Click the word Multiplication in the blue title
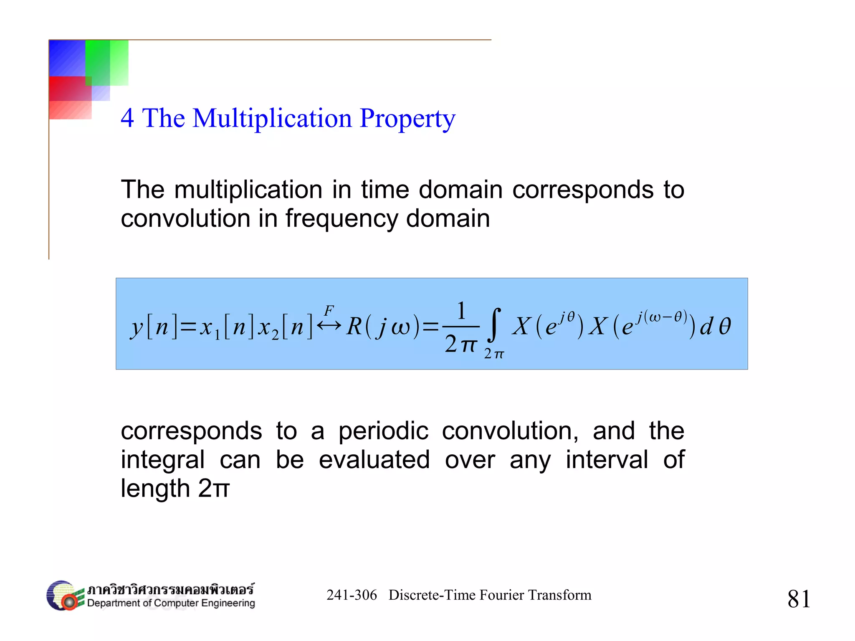[272, 118]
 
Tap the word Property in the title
[407, 119]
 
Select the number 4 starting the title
[127, 118]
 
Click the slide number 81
[799, 598]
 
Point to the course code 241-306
[352, 595]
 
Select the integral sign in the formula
[495, 324]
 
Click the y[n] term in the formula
[154, 327]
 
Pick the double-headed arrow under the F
[329, 325]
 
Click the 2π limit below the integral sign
[494, 354]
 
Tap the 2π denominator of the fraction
[460, 345]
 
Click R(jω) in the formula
[383, 327]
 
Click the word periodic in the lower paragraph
[383, 431]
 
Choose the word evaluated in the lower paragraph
[374, 460]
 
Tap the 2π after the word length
[214, 488]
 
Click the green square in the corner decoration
[107, 63]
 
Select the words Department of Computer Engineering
[171, 603]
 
